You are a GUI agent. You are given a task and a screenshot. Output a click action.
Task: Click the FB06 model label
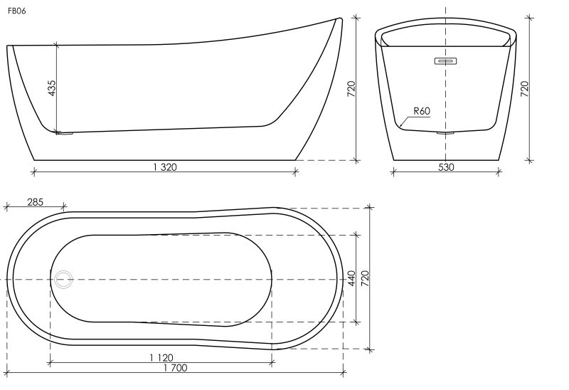(x=16, y=11)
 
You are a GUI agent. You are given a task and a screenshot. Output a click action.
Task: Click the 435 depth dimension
(x=52, y=88)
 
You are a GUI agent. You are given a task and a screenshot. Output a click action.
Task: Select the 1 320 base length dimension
(x=165, y=167)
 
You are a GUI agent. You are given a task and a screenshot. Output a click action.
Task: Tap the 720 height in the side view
(x=351, y=89)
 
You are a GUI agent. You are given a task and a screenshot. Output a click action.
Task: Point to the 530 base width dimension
(x=446, y=167)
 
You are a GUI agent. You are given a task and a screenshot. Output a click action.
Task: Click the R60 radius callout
(x=422, y=111)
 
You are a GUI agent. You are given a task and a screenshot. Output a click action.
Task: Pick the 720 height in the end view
(x=524, y=89)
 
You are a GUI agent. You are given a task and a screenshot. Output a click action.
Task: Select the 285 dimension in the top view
(x=35, y=202)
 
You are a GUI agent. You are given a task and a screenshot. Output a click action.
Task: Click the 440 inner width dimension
(x=351, y=278)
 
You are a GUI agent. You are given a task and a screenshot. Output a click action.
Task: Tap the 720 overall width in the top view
(x=365, y=278)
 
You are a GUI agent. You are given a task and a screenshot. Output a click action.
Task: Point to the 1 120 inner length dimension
(x=161, y=358)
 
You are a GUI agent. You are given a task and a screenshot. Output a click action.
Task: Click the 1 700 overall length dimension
(x=175, y=368)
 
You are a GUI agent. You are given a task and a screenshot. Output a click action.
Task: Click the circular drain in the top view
(x=63, y=280)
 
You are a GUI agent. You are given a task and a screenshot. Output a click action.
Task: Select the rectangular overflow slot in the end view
(x=445, y=61)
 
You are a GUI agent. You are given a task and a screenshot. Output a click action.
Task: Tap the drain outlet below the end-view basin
(x=445, y=134)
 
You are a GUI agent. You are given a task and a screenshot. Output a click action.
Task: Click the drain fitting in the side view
(x=65, y=134)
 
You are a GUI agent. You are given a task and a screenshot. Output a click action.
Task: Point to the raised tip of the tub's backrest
(x=341, y=19)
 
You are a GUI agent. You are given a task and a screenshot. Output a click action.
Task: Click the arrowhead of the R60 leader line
(x=400, y=126)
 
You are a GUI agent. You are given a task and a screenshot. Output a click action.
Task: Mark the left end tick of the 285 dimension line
(x=6, y=207)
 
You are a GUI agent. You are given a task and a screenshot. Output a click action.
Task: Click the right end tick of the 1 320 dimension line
(x=295, y=172)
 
